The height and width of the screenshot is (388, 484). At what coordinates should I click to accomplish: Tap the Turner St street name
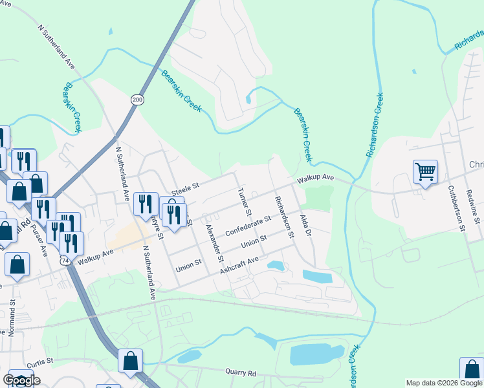coord(245,201)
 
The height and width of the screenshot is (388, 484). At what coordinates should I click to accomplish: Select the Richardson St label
coord(284,217)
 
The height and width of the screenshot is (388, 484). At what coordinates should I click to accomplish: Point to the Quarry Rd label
coord(241,372)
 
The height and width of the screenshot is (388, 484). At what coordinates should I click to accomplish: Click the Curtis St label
coord(39,361)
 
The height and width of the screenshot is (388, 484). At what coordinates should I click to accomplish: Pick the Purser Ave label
coord(39,240)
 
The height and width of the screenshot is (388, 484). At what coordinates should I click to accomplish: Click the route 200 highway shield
coord(137,100)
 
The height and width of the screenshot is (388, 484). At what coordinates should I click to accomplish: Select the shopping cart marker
coord(425,171)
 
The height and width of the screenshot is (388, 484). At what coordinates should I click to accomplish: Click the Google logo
coord(21,380)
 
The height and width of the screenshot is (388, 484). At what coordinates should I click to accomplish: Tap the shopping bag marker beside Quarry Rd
coord(130,361)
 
